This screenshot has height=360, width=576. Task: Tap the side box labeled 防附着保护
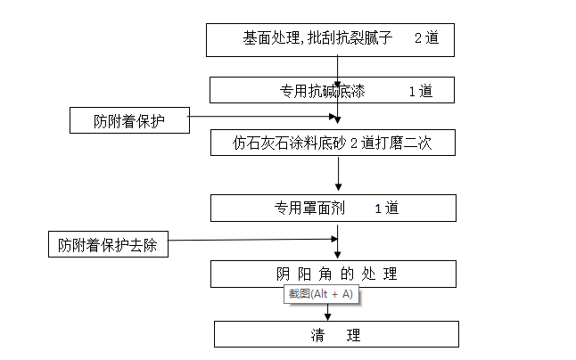point(129,119)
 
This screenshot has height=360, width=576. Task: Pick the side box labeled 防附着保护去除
point(108,244)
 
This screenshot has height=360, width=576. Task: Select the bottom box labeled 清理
point(336,334)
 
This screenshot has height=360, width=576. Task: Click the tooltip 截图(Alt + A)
point(319,294)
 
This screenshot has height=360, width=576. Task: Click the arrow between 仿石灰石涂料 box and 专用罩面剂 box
point(338,175)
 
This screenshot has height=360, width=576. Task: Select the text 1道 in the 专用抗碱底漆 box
point(420,90)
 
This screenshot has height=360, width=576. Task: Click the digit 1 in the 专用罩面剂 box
point(378,208)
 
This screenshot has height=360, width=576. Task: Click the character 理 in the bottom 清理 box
point(354,334)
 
